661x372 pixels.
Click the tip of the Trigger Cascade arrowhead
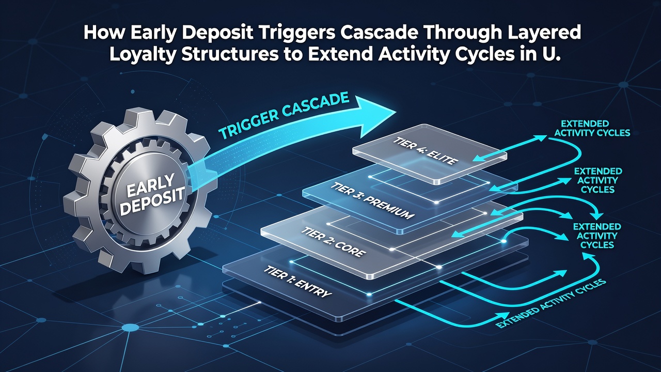396,113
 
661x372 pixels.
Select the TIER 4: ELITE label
425,151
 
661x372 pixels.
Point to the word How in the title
103,33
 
